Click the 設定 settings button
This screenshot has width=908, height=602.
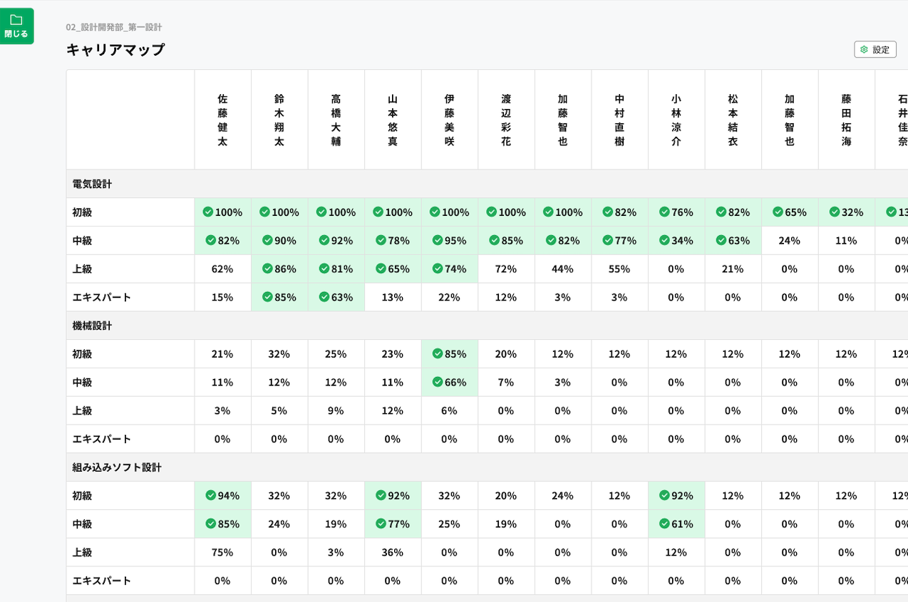(875, 49)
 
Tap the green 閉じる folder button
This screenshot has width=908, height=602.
(16, 26)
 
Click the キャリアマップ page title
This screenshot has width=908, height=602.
(115, 50)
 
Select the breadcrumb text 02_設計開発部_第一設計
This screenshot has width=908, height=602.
(114, 27)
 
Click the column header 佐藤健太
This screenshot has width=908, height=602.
(222, 120)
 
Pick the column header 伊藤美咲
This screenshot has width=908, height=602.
(449, 120)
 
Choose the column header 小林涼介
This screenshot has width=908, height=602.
(676, 120)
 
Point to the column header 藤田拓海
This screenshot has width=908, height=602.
(846, 120)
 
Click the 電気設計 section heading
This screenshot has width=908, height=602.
(92, 184)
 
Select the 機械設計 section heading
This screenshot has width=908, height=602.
(92, 326)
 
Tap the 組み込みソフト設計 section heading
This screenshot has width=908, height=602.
(117, 467)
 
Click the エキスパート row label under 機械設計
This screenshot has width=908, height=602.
(102, 439)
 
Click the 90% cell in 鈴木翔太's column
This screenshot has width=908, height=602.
(279, 241)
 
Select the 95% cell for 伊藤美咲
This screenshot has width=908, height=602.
(450, 241)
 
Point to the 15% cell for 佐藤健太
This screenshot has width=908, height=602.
(222, 297)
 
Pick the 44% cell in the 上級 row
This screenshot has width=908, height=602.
(562, 269)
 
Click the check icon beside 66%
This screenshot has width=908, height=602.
(438, 382)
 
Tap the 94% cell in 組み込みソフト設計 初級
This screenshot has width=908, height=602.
(222, 495)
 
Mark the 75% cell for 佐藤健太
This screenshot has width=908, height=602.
(222, 552)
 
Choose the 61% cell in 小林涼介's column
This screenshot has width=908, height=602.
(676, 524)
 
